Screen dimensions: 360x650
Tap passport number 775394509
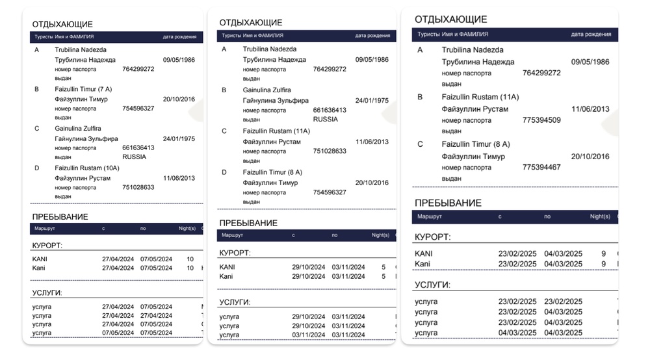[x=541, y=120]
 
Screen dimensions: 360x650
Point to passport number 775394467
[x=541, y=167]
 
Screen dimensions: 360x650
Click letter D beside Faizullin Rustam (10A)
[x=37, y=168]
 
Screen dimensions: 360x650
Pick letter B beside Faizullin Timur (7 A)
[x=37, y=89]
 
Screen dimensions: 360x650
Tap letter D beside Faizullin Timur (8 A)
[x=224, y=172]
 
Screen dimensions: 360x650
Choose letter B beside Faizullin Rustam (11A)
[x=420, y=97]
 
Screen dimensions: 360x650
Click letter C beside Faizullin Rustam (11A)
[x=224, y=131]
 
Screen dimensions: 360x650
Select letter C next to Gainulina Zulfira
[x=37, y=129]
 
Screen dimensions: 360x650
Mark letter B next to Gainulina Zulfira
[x=224, y=90]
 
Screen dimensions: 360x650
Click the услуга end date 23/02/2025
[x=563, y=302]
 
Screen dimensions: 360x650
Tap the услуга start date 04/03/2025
[x=517, y=333]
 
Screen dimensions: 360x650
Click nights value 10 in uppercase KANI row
[x=190, y=259]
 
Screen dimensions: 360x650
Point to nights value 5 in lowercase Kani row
[x=383, y=276]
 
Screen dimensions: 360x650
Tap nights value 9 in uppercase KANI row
[x=603, y=253]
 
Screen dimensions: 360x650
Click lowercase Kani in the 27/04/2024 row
[x=39, y=268]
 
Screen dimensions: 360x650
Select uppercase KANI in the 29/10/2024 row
[x=227, y=267]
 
